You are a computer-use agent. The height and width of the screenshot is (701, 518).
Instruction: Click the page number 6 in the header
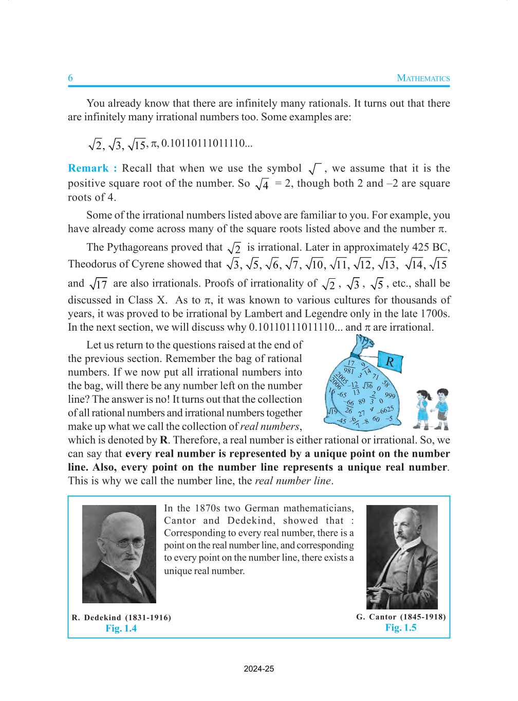tap(70, 78)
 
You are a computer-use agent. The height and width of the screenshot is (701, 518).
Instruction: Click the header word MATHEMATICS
tap(423, 78)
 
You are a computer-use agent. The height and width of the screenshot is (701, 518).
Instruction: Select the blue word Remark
tap(88, 168)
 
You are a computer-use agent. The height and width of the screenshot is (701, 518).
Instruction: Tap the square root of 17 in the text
tap(99, 284)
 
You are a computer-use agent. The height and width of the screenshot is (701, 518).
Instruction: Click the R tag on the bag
tap(390, 362)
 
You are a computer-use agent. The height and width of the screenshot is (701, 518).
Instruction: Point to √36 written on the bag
tap(368, 385)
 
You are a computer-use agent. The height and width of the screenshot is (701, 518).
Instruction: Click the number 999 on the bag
tap(390, 395)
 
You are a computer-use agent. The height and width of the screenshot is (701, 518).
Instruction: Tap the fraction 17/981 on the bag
tap(349, 367)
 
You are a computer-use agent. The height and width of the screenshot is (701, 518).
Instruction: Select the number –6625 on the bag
tap(385, 410)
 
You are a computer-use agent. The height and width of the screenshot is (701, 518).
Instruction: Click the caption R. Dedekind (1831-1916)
tap(121, 617)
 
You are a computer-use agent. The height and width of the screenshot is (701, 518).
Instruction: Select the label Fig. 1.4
tap(121, 628)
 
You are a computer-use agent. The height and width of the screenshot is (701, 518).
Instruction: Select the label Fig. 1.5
tap(401, 627)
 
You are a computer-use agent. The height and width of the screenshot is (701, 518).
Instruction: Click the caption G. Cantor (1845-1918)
tap(401, 617)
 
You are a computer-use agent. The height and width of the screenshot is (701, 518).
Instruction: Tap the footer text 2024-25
tap(259, 669)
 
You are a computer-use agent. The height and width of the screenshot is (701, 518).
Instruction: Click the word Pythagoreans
tap(138, 247)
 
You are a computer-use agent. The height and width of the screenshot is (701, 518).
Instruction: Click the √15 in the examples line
tap(137, 145)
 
